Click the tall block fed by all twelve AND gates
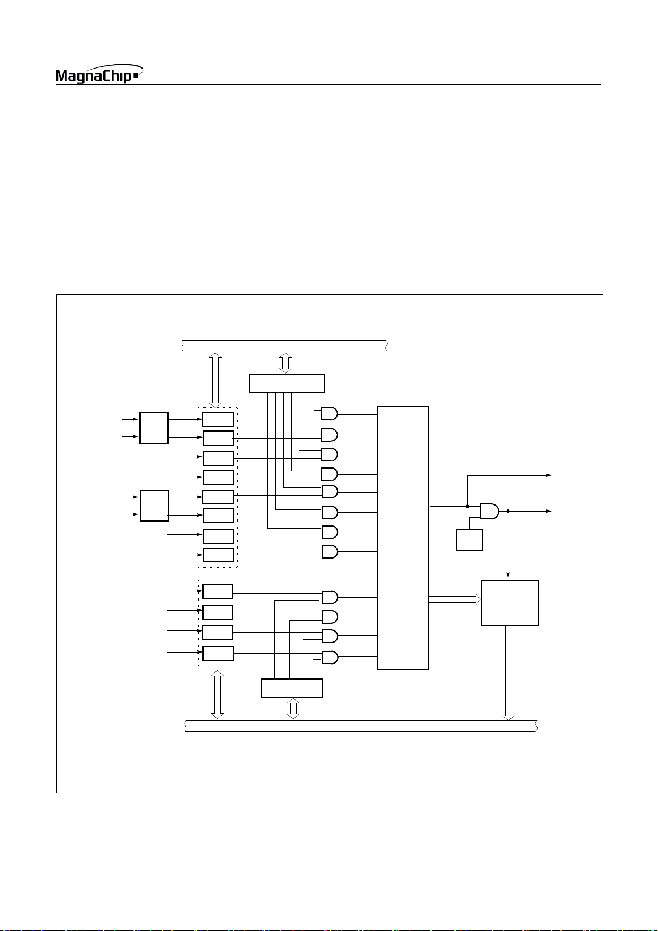pyautogui.click(x=403, y=537)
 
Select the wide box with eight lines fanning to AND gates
pyautogui.click(x=286, y=383)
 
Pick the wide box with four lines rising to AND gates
pyautogui.click(x=292, y=688)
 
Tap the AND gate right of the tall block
pyautogui.click(x=489, y=512)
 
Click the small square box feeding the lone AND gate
pyautogui.click(x=469, y=540)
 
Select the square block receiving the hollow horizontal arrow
pyautogui.click(x=509, y=602)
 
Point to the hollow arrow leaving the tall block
pyautogui.click(x=454, y=599)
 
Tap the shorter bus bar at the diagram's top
pyautogui.click(x=284, y=346)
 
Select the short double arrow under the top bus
pyautogui.click(x=286, y=362)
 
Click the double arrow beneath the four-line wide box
pyautogui.click(x=293, y=708)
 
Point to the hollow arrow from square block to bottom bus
pyautogui.click(x=508, y=673)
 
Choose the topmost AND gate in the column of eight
pyautogui.click(x=329, y=414)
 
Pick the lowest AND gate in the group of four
pyautogui.click(x=329, y=658)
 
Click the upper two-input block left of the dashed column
pyautogui.click(x=154, y=428)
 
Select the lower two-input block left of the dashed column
pyautogui.click(x=154, y=506)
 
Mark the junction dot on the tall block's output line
pyautogui.click(x=467, y=506)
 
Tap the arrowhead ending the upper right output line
pyautogui.click(x=549, y=475)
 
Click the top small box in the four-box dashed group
pyautogui.click(x=218, y=592)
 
